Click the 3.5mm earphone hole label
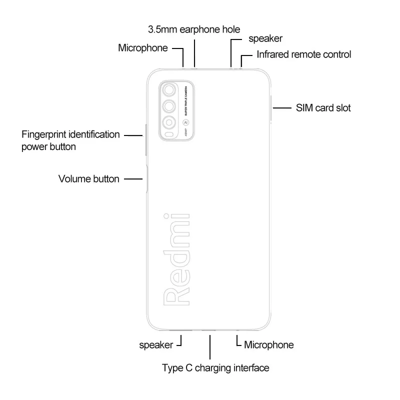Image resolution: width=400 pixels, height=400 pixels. pyautogui.click(x=194, y=29)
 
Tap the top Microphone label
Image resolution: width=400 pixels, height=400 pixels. pyautogui.click(x=142, y=48)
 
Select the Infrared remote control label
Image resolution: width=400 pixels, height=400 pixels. pyautogui.click(x=303, y=54)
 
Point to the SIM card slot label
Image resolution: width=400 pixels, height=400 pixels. pyautogui.click(x=323, y=107)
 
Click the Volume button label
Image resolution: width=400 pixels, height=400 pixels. pyautogui.click(x=88, y=178)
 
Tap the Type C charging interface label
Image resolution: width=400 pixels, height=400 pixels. pyautogui.click(x=215, y=368)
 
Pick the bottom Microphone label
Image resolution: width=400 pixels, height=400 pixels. pyautogui.click(x=268, y=344)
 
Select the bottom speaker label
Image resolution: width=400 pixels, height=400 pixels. pyautogui.click(x=156, y=344)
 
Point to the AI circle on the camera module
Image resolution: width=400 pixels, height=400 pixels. pyautogui.click(x=185, y=122)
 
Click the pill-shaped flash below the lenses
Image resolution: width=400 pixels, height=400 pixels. pyautogui.click(x=170, y=135)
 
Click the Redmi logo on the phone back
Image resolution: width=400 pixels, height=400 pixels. pyautogui.click(x=176, y=257)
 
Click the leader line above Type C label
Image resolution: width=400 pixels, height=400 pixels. pyautogui.click(x=210, y=345)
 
